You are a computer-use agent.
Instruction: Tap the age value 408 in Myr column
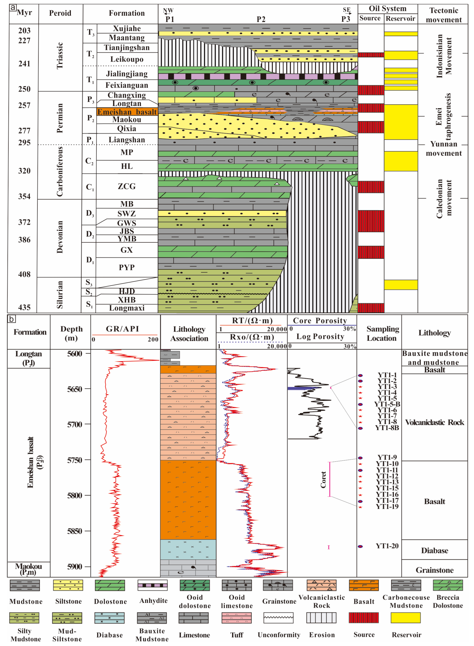(24, 274)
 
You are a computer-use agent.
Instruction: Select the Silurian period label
(59, 295)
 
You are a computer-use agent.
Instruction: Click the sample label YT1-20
(387, 546)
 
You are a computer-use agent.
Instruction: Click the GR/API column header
(122, 329)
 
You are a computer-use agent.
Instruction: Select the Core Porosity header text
(320, 321)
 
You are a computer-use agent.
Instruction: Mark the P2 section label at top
(261, 19)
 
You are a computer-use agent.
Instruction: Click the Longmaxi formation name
(127, 308)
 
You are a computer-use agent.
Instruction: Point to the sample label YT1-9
(387, 457)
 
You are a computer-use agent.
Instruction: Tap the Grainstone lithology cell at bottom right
(434, 570)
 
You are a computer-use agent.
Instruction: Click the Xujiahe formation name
(127, 28)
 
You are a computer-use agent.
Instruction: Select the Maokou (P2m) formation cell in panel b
(28, 569)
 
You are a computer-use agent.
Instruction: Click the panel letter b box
(11, 319)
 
